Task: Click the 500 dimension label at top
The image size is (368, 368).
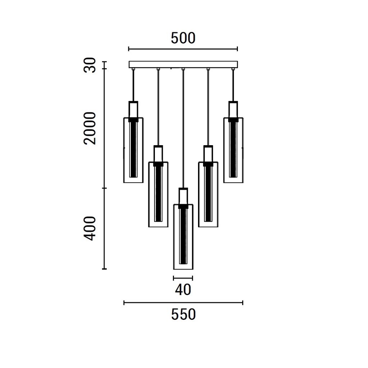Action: [x=183, y=38]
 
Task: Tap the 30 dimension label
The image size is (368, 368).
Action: [x=90, y=65]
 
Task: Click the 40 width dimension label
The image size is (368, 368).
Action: [x=183, y=290]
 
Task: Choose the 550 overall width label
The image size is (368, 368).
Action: [x=183, y=314]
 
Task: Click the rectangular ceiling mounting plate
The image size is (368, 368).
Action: [x=183, y=64]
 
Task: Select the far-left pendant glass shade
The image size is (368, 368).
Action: [x=133, y=150]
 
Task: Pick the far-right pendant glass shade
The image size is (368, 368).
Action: [x=233, y=150]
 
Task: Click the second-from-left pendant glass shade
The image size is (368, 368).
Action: [x=158, y=194]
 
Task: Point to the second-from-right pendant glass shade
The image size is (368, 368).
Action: [x=208, y=194]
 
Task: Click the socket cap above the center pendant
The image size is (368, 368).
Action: [x=183, y=196]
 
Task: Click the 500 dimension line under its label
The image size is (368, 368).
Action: [x=183, y=49]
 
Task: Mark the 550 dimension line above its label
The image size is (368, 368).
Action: [x=183, y=303]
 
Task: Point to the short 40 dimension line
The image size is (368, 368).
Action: [x=183, y=278]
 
